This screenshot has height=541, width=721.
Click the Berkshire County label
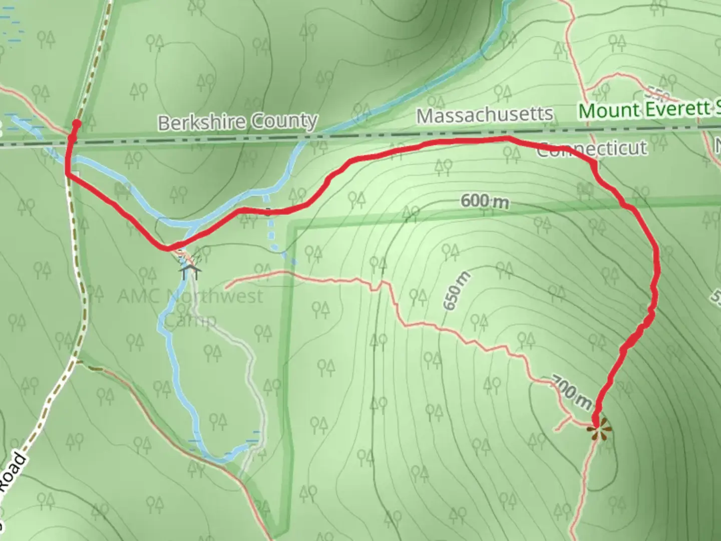point(238,122)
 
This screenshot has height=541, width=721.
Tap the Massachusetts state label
point(485,115)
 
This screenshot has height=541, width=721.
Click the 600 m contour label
point(484,201)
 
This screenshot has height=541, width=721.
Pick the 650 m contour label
point(457,291)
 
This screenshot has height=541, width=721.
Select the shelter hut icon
point(190,272)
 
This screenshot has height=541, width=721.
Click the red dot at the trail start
point(77,123)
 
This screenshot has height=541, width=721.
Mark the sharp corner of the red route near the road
point(67,173)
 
